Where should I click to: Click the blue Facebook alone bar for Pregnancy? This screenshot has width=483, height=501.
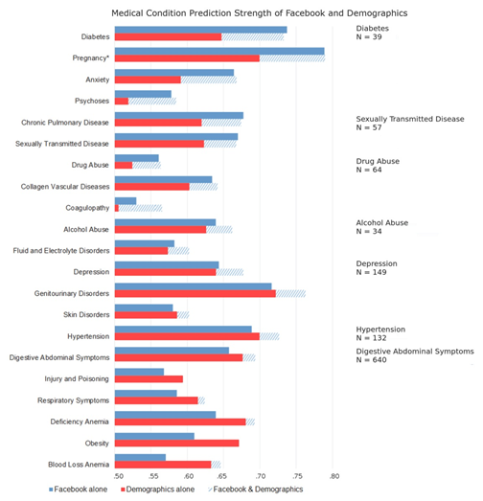(219, 51)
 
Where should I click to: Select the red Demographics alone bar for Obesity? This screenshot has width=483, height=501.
(176, 444)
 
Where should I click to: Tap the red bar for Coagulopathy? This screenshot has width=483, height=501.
(117, 208)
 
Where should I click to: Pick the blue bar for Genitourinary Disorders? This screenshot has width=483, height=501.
(193, 286)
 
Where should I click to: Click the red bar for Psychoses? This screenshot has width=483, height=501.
(122, 101)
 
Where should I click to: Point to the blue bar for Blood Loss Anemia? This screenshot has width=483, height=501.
(140, 457)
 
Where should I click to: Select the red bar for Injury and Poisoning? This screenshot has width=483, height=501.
(149, 379)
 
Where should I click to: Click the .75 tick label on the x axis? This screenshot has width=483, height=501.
(297, 476)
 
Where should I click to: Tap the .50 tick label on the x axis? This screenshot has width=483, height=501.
(118, 476)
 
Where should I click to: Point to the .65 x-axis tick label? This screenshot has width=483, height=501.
(221, 476)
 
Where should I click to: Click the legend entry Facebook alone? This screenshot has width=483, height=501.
(78, 490)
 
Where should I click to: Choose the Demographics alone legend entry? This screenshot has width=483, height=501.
(157, 490)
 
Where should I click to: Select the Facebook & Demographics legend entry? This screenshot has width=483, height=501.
(256, 490)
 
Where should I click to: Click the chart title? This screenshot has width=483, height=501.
(260, 13)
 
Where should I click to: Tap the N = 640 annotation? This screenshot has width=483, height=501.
(372, 360)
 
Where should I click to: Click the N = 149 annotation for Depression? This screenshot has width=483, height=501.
(372, 272)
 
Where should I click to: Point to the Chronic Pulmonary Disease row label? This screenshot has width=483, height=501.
(65, 123)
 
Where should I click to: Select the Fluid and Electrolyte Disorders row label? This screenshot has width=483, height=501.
(61, 251)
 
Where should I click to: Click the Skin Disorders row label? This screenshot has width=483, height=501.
(86, 315)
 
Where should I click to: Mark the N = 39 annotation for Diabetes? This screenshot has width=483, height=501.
(369, 37)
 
